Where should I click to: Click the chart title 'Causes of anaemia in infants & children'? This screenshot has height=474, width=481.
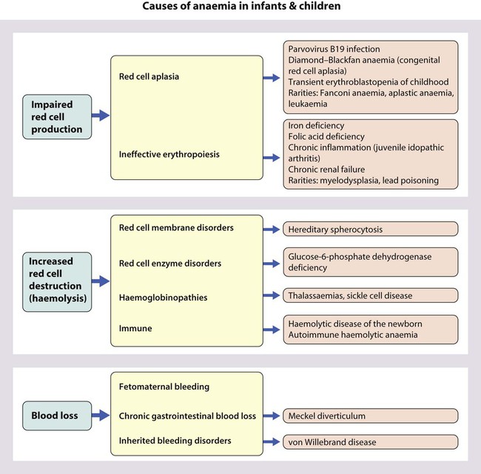240,8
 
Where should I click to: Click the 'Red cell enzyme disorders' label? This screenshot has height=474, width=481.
170,263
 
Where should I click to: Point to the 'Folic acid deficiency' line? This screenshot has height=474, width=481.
326,136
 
